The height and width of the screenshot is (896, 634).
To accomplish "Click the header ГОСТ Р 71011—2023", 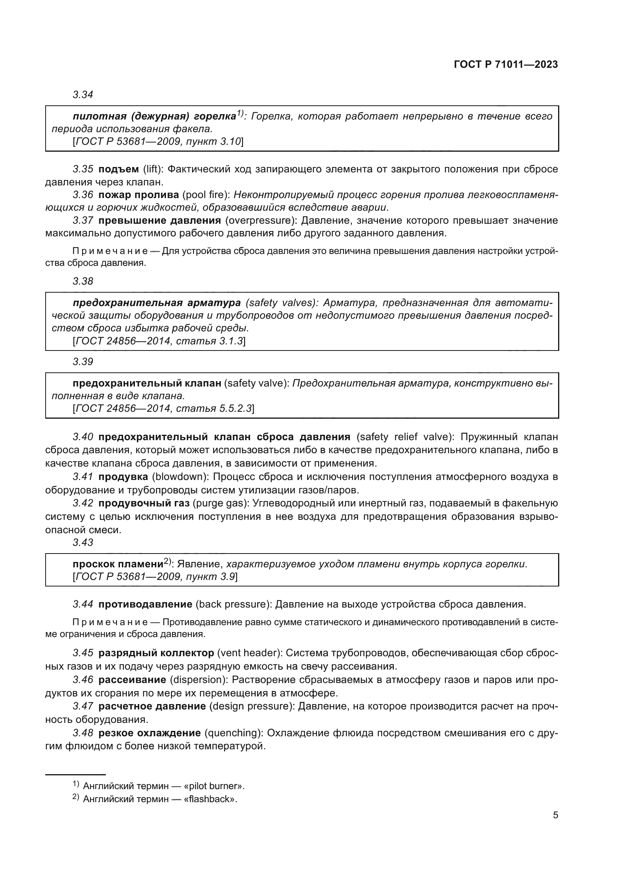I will point(506,65).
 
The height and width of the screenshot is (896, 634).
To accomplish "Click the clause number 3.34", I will point(83,95).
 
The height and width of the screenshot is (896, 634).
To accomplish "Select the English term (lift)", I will point(153,169).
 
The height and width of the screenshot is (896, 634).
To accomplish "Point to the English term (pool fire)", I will point(206,195).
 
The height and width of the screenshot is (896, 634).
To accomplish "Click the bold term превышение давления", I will point(160,221).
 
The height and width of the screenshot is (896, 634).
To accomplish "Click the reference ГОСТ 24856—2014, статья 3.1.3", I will point(159,341).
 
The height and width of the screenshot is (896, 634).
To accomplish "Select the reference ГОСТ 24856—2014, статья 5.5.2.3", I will point(163,409).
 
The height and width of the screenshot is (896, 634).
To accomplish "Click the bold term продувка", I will point(123,477).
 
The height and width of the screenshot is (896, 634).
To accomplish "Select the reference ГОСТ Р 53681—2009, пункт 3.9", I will point(155,577).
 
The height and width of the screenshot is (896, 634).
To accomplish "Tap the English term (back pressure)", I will point(233,604).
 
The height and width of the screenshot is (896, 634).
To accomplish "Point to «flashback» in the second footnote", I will point(210,799).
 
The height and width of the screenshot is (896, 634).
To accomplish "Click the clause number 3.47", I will point(83,706).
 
